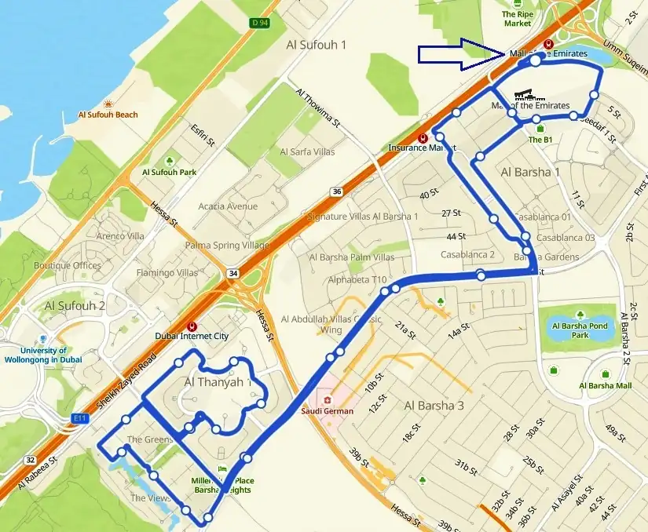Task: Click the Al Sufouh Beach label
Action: [108, 115]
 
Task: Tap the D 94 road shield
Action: [259, 23]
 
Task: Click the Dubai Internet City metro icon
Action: [192, 326]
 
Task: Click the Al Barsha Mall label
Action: [605, 385]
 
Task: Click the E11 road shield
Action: [79, 418]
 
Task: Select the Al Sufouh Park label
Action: [169, 172]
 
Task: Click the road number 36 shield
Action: [337, 191]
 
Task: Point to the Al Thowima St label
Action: [317, 108]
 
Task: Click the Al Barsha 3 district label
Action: [434, 406]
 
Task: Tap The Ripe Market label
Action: [517, 19]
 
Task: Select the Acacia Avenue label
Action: [228, 206]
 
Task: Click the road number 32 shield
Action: [30, 460]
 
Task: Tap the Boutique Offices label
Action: [68, 265]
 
